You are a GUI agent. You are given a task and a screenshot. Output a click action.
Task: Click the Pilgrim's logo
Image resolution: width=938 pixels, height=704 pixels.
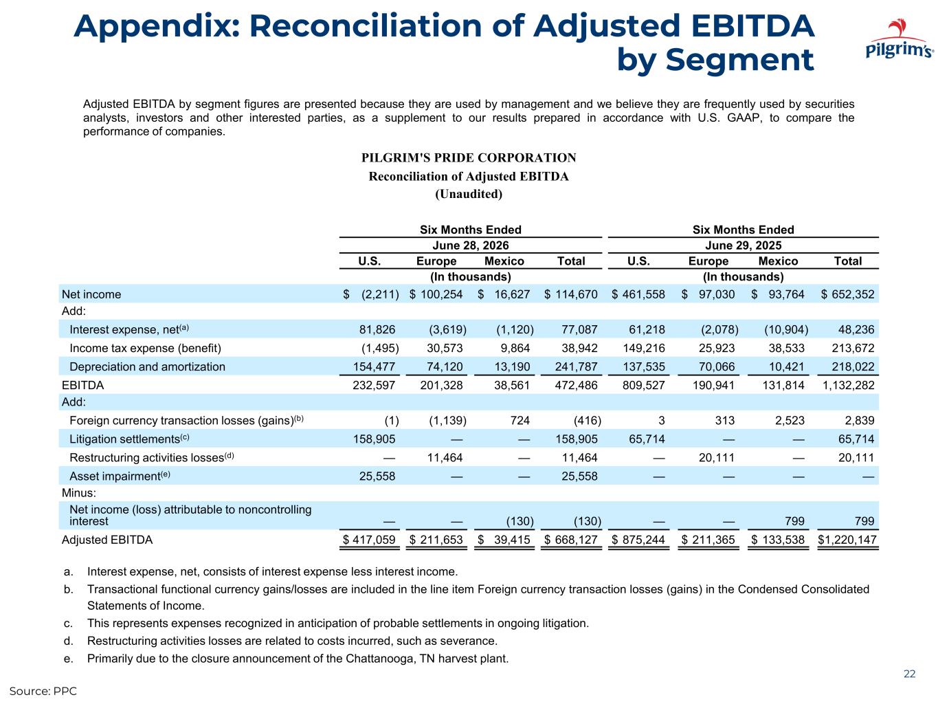pyautogui.click(x=899, y=38)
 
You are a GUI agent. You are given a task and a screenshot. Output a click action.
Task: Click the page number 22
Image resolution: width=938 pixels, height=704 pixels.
pyautogui.click(x=909, y=674)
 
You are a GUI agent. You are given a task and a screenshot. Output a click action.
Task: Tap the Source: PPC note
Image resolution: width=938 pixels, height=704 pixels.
pyautogui.click(x=43, y=691)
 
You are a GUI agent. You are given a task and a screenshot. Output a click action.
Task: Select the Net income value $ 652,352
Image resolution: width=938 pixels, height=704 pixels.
pyautogui.click(x=848, y=294)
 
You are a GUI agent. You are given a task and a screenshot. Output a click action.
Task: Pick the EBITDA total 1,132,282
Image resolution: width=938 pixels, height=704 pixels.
pyautogui.click(x=848, y=385)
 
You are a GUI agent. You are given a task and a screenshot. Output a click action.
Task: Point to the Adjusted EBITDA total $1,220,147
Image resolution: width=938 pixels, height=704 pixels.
pyautogui.click(x=847, y=540)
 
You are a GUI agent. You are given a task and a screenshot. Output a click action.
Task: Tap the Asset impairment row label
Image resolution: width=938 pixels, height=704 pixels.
pyautogui.click(x=120, y=476)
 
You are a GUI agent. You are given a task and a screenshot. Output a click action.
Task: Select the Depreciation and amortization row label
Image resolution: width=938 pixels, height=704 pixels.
pyautogui.click(x=147, y=366)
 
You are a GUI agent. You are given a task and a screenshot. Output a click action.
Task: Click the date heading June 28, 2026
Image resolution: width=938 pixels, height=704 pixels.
pyautogui.click(x=471, y=245)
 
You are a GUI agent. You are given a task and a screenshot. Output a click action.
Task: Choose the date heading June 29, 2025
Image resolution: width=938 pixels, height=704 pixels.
pyautogui.click(x=743, y=245)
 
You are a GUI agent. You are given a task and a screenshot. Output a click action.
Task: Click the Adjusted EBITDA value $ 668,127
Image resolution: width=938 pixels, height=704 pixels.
pyautogui.click(x=571, y=540)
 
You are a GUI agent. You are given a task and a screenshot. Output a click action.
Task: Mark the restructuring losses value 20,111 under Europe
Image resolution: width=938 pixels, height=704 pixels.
pyautogui.click(x=717, y=457)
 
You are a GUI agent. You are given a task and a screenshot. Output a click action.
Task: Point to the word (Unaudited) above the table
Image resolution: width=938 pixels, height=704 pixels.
pyautogui.click(x=469, y=194)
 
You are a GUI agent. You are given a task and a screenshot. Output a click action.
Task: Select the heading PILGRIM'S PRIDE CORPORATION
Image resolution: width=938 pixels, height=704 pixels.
pyautogui.click(x=469, y=157)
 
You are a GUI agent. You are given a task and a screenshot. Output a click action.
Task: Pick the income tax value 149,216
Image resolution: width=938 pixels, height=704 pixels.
pyautogui.click(x=644, y=348)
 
